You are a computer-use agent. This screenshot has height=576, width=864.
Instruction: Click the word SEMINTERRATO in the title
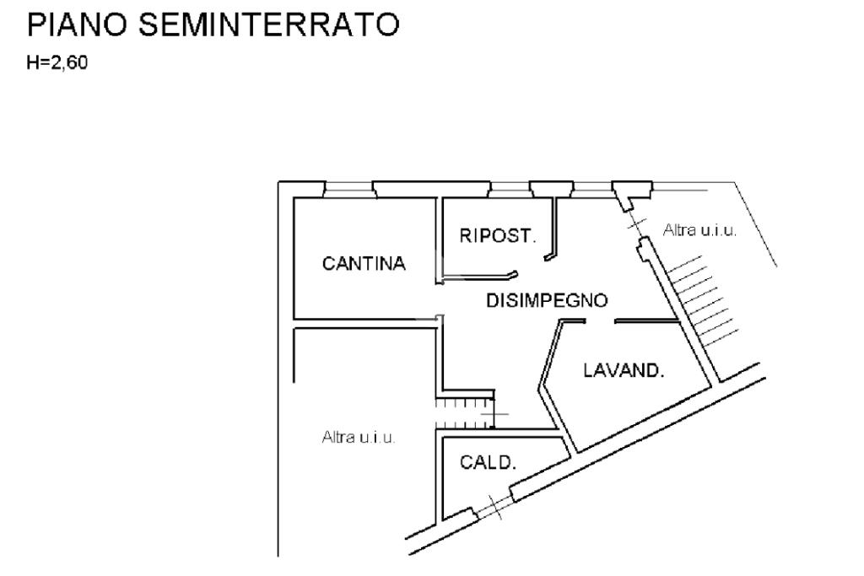point(268,26)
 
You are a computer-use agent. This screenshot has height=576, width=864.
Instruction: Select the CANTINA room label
point(364,264)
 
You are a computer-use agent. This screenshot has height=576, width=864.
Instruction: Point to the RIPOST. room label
point(497,236)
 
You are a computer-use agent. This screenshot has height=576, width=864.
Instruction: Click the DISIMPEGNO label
point(547,300)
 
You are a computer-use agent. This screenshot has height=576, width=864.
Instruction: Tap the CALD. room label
point(488,462)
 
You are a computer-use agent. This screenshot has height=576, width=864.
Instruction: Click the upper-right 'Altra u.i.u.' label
point(699,229)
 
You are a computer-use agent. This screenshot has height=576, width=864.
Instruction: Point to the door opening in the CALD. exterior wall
point(493,505)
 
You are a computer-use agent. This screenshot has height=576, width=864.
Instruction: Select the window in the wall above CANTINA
point(349,189)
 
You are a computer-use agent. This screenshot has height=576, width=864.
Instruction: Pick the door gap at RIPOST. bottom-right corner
point(532,265)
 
